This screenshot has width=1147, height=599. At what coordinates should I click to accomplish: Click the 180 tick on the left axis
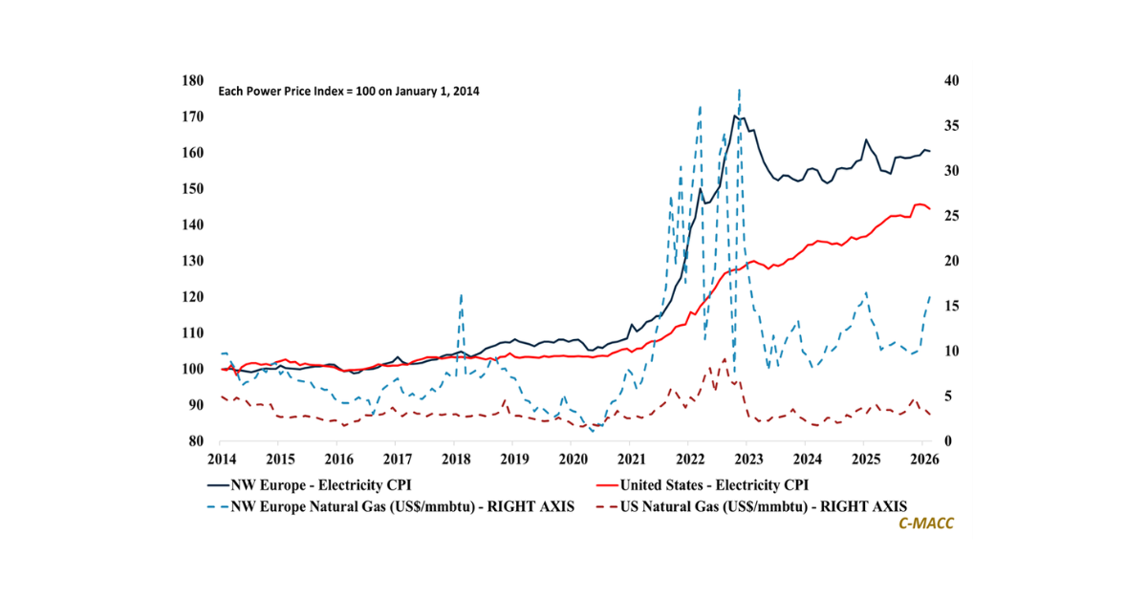(x=192, y=81)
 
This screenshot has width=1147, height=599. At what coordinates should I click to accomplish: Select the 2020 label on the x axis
(x=573, y=459)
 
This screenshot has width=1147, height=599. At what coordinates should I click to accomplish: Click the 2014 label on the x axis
(x=221, y=459)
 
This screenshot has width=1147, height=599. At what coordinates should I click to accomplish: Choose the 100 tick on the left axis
(x=192, y=369)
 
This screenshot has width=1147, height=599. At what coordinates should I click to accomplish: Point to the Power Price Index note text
(x=349, y=92)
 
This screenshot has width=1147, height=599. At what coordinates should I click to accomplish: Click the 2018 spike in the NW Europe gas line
(x=462, y=296)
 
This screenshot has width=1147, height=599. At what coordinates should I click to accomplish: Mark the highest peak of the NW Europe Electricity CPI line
(x=734, y=117)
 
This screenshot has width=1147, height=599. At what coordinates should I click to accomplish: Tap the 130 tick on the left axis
(x=192, y=261)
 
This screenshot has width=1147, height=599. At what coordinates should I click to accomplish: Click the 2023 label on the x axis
(x=749, y=459)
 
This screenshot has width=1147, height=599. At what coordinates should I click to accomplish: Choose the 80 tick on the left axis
(x=196, y=441)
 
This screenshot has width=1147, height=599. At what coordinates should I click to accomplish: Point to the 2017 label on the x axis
(x=397, y=459)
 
